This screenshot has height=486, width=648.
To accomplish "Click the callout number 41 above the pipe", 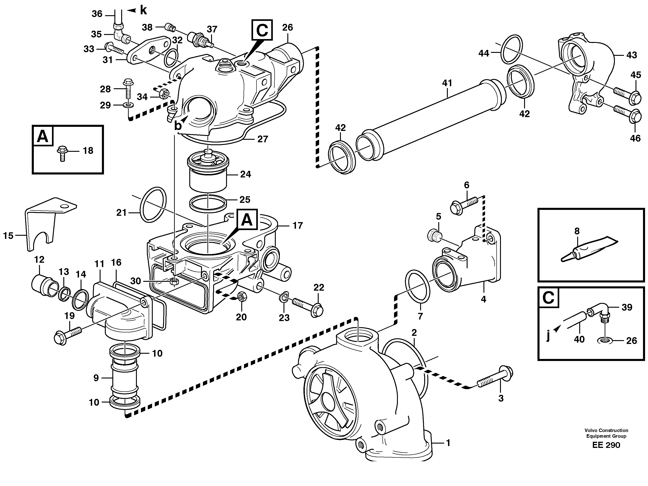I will pos(447,83).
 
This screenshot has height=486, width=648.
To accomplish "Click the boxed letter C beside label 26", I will pos(262,30).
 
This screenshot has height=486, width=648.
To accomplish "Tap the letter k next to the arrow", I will pos(143,10).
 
